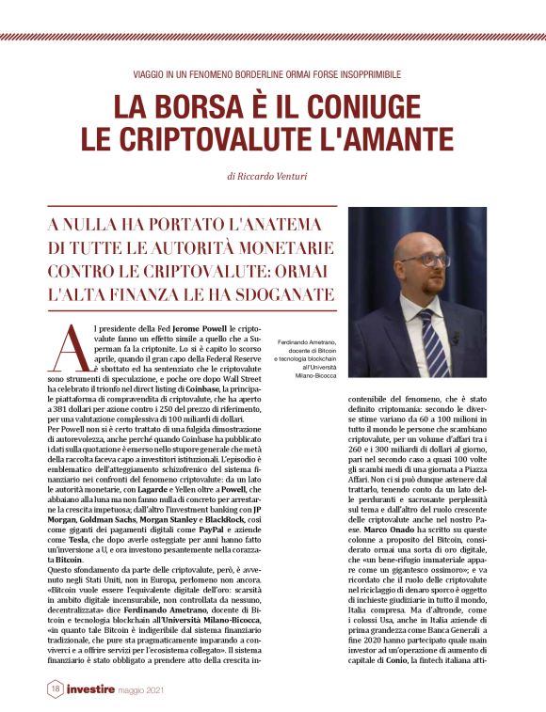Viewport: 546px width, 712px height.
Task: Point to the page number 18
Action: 56,689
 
